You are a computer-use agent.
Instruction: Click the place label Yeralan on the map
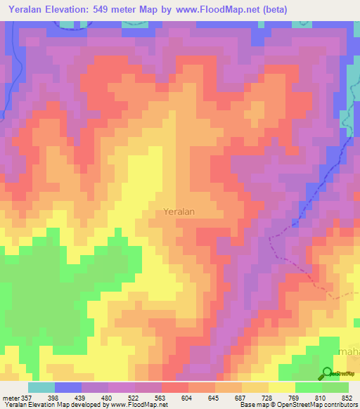tap(179, 210)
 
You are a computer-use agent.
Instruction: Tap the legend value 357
tap(24, 397)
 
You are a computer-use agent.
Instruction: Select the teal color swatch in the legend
tap(41, 387)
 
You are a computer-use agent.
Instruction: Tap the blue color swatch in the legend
tap(67, 387)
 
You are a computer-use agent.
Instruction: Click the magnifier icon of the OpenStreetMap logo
tap(328, 374)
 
